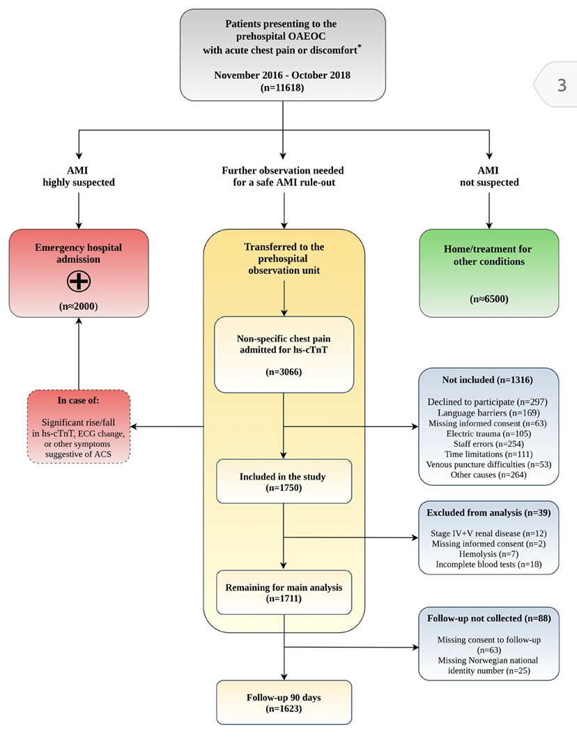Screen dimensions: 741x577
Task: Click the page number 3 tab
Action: point(562,85)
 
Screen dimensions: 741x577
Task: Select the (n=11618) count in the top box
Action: point(282,88)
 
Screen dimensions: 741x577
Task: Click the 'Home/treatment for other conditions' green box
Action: point(488,273)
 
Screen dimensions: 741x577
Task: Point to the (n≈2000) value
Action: point(79,305)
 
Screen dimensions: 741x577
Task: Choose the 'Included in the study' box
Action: point(283,482)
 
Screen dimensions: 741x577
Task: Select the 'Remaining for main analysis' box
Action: point(283,593)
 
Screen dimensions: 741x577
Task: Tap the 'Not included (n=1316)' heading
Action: point(488,380)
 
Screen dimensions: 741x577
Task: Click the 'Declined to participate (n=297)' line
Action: point(488,402)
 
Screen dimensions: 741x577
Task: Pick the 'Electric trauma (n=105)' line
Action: point(488,434)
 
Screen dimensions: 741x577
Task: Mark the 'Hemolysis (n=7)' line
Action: point(488,553)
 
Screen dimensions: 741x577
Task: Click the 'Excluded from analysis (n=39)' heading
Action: point(488,512)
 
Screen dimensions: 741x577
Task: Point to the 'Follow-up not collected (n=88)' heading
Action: point(488,618)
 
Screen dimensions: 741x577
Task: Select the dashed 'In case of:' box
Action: point(79,426)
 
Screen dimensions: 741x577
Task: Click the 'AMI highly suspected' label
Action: point(79,176)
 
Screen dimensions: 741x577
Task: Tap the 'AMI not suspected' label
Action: point(488,176)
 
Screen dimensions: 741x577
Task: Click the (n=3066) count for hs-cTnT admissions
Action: point(283,372)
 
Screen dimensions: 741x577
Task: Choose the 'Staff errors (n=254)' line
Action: point(488,444)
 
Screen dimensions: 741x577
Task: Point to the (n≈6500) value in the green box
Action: point(488,300)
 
